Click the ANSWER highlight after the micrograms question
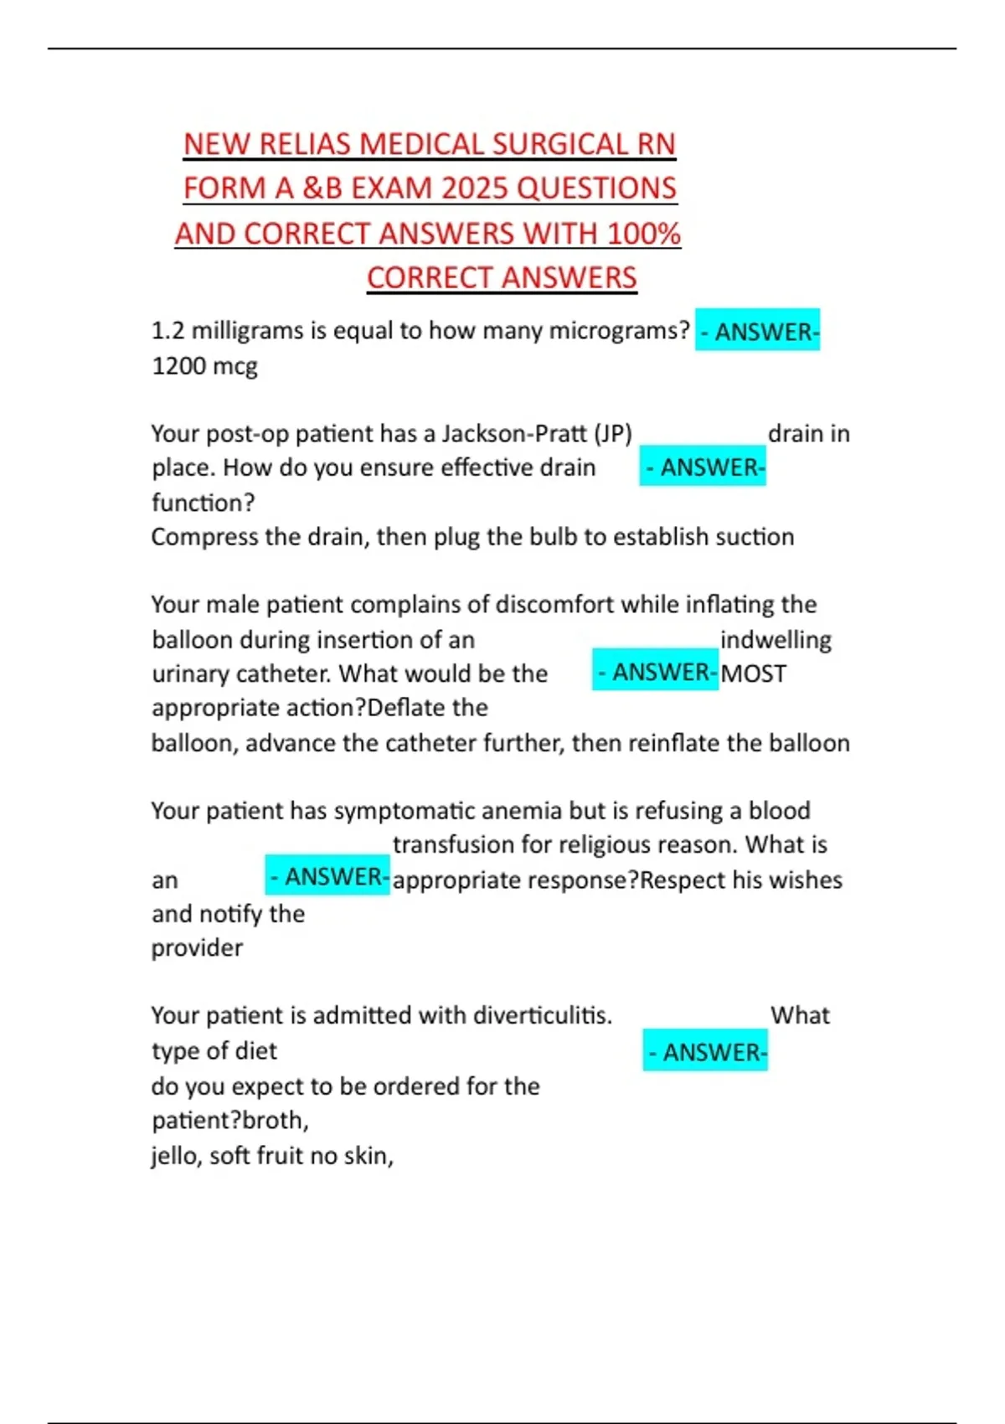(x=758, y=332)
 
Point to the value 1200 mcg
(x=204, y=366)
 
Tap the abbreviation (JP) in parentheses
(x=612, y=433)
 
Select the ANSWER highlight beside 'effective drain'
(x=703, y=467)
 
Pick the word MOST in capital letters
(x=753, y=673)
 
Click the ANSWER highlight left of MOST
(x=656, y=672)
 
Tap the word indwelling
(x=776, y=639)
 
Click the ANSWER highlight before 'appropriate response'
(x=327, y=877)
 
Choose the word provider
(x=197, y=947)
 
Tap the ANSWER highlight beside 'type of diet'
(x=706, y=1052)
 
